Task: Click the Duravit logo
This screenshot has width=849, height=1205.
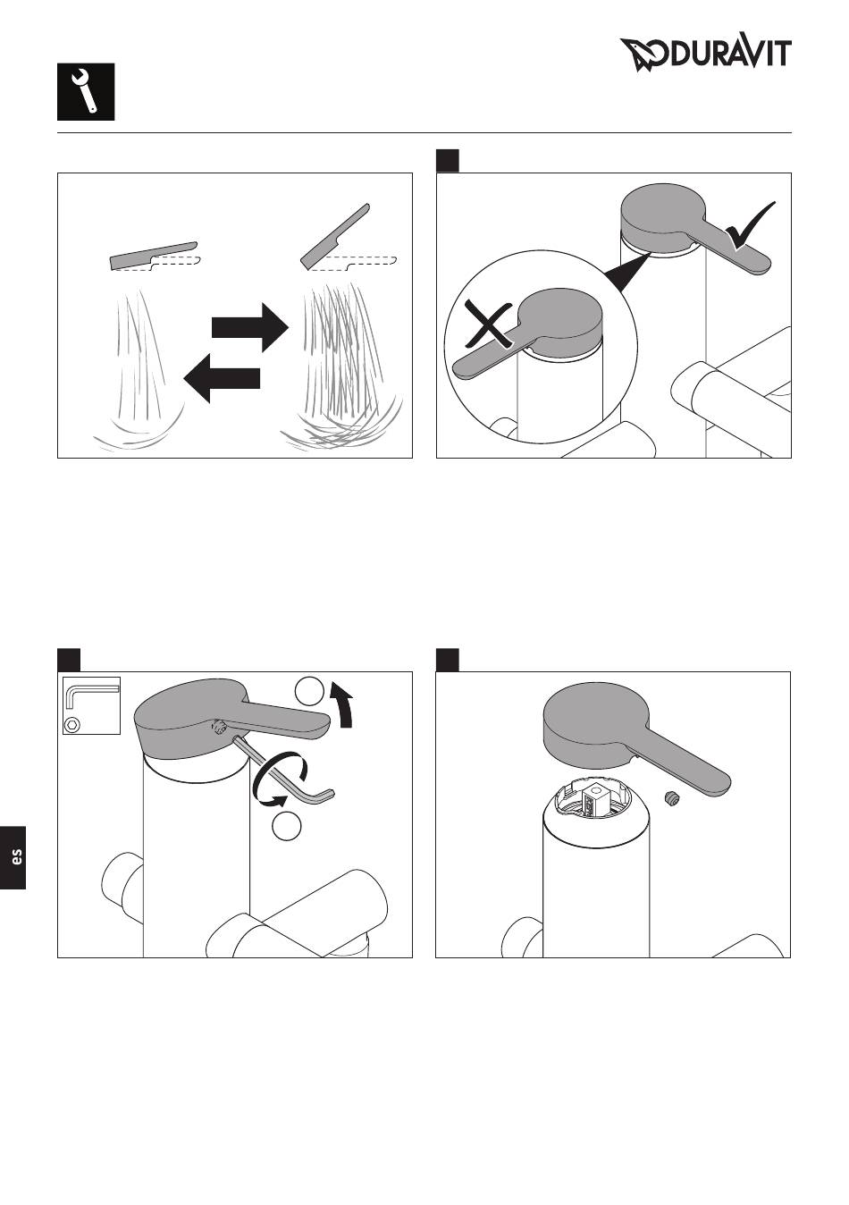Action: click(706, 55)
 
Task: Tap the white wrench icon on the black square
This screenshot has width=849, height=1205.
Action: click(84, 91)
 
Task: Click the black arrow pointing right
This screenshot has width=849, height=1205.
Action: click(250, 327)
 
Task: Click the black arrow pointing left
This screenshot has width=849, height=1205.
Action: click(222, 377)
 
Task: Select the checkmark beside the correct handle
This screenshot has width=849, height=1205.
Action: click(751, 226)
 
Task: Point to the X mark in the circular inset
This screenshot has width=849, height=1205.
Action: click(488, 324)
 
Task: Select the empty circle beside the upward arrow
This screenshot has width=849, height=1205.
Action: click(310, 692)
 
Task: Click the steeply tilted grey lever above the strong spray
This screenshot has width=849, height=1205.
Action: click(335, 237)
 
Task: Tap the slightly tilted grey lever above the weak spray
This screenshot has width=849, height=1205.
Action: click(154, 256)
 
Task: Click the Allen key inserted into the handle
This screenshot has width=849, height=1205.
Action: click(280, 770)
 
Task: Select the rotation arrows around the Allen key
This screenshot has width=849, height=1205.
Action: click(280, 780)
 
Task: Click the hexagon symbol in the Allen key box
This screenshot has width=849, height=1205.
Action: click(72, 725)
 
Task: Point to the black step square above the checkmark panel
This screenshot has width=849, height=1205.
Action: click(448, 161)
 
